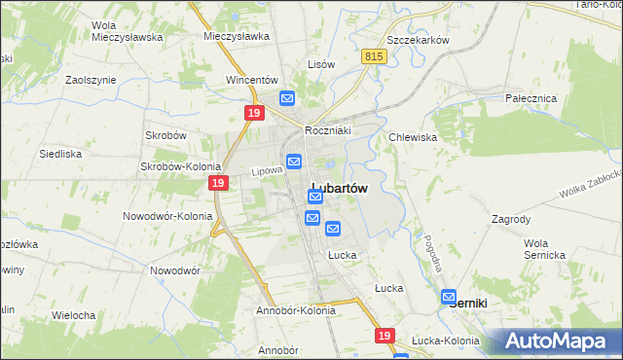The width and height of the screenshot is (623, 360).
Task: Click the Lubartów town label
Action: tap(339, 190)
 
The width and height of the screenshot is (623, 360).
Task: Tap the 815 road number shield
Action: tap(375, 57)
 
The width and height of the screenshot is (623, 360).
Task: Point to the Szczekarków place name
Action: tap(417, 40)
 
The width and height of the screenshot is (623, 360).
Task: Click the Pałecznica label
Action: tap(531, 98)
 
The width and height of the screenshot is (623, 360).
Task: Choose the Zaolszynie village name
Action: tap(91, 80)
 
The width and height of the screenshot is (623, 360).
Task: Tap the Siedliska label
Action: tap(59, 154)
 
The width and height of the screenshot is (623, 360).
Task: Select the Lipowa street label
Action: tap(267, 170)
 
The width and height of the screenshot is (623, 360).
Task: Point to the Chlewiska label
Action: tap(413, 137)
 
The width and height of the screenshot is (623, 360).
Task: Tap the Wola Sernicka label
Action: tap(543, 248)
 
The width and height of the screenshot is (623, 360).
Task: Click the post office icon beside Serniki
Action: tap(449, 297)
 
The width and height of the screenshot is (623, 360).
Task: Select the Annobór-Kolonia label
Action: tap(296, 311)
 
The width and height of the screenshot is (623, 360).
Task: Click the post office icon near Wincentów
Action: tap(287, 98)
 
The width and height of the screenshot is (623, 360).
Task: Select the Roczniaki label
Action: tap(327, 129)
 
